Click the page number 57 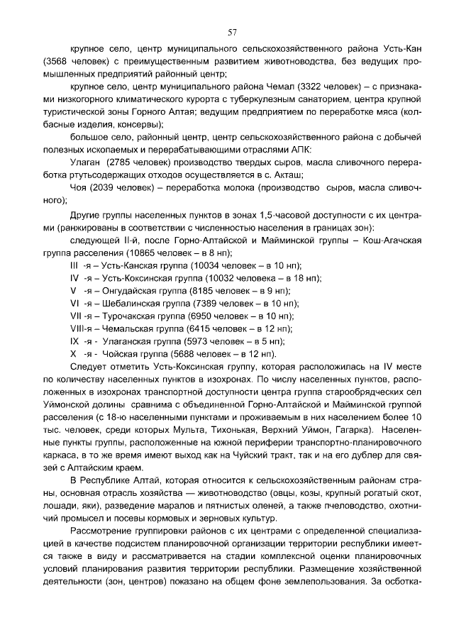(232, 33)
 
